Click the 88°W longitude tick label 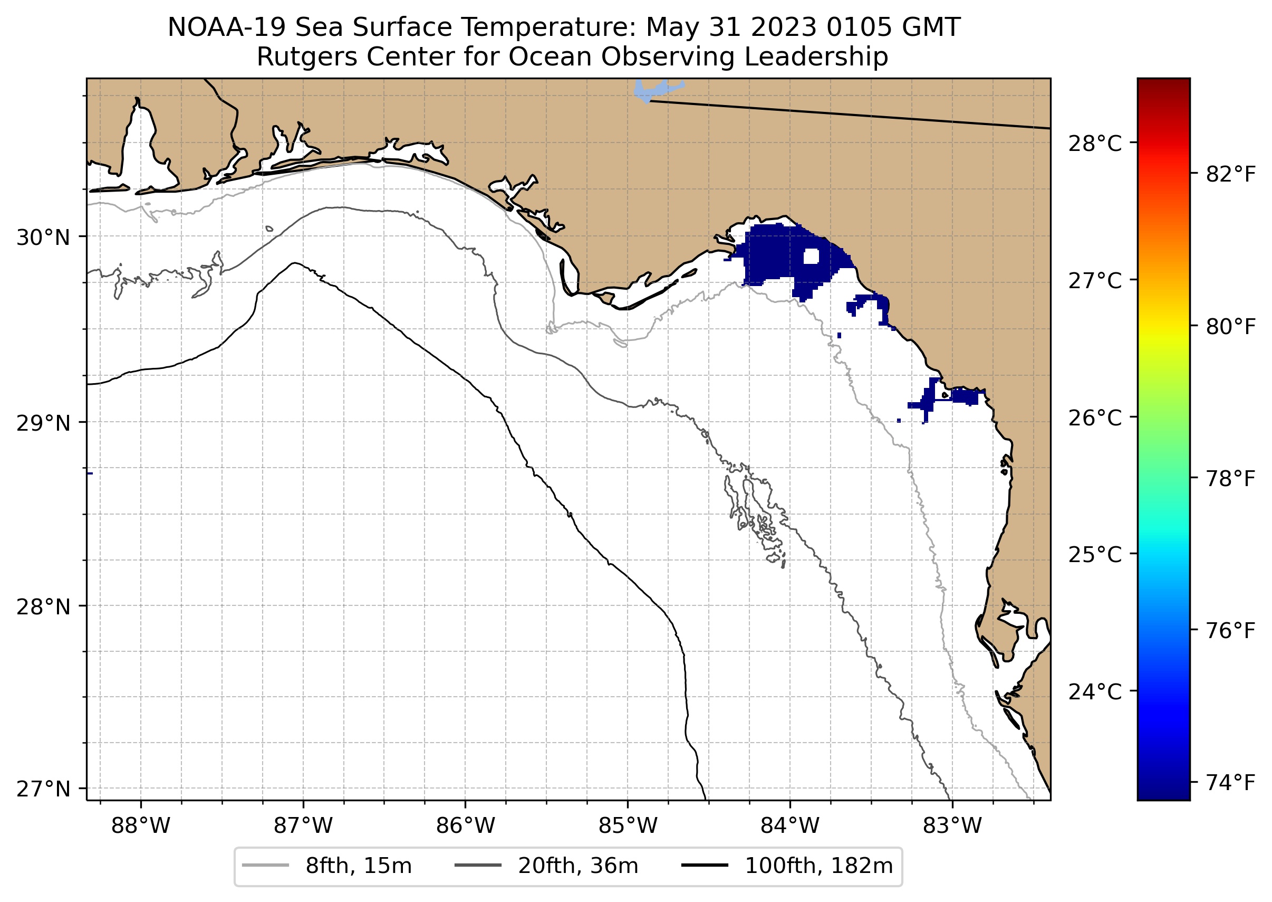[x=140, y=826]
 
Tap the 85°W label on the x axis [x=628, y=826]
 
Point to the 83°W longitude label [x=952, y=826]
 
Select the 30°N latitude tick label [x=43, y=238]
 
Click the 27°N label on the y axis [x=43, y=789]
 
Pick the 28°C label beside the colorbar [x=1095, y=144]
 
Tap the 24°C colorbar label [x=1095, y=692]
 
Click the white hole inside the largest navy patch [x=811, y=256]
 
